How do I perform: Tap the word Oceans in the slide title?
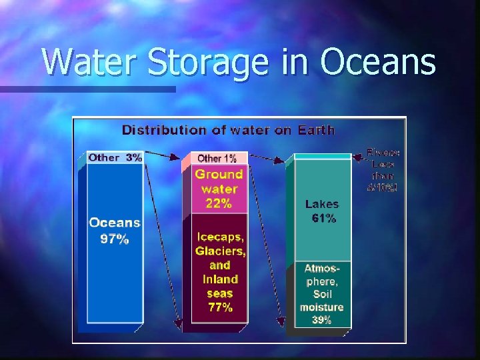click(x=377, y=63)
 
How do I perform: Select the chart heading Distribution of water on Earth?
click(x=228, y=129)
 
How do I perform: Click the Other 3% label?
click(x=115, y=158)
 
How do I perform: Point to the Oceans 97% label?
click(x=115, y=231)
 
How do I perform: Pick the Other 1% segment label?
click(x=217, y=158)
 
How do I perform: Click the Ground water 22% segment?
click(x=219, y=189)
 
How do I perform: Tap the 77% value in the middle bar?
click(x=220, y=307)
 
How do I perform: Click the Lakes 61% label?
click(x=322, y=211)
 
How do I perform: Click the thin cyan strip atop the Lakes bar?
click(x=322, y=157)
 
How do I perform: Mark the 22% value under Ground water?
click(x=219, y=203)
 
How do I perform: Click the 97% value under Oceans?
click(x=115, y=239)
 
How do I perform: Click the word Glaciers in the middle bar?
click(x=220, y=251)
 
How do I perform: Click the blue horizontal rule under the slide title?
click(x=87, y=89)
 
